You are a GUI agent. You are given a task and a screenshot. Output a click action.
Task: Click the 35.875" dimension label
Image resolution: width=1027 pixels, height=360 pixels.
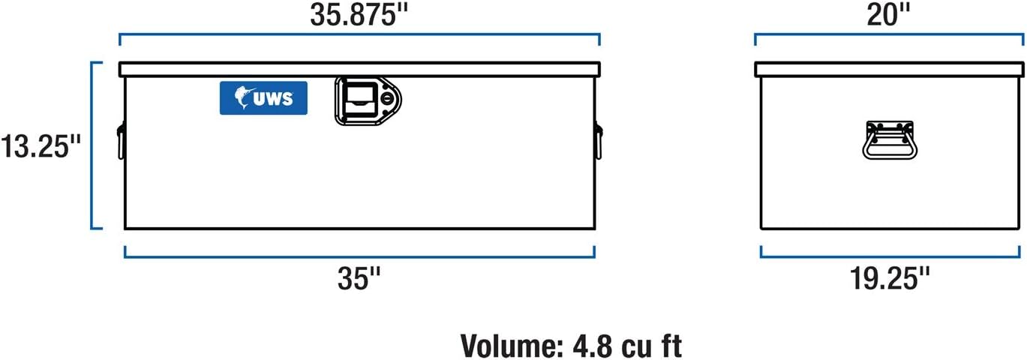pyautogui.click(x=359, y=15)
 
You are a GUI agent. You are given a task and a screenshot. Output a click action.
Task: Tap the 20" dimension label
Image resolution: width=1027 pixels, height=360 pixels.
pyautogui.click(x=888, y=15)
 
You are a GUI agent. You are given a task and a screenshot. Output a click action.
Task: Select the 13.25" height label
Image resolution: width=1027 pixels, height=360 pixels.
pyautogui.click(x=41, y=146)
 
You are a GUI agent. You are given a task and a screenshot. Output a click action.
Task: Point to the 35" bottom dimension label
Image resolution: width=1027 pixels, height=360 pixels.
pyautogui.click(x=359, y=278)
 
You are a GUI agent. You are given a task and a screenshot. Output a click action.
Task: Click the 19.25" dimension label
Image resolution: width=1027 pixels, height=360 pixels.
pyautogui.click(x=890, y=278)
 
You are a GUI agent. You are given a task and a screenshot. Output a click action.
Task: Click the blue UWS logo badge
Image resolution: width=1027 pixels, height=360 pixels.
pyautogui.click(x=263, y=98)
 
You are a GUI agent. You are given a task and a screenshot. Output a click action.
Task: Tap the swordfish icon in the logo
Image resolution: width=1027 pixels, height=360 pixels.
pyautogui.click(x=243, y=97)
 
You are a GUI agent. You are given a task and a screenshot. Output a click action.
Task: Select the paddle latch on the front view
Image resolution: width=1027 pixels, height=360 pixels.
pyautogui.click(x=368, y=101)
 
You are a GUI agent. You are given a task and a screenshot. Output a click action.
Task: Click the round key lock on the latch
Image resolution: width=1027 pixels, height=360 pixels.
pyautogui.click(x=387, y=98)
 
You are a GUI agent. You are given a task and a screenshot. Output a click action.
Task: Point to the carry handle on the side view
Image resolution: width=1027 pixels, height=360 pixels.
pyautogui.click(x=890, y=139)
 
